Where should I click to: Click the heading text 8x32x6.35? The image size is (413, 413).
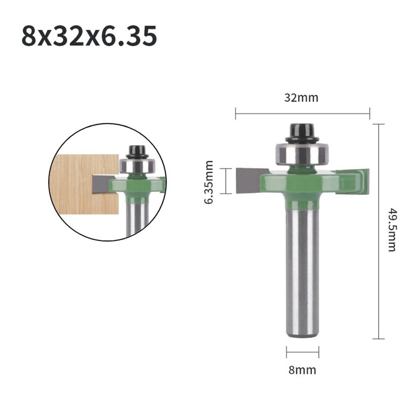click(x=89, y=36)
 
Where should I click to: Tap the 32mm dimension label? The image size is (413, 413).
click(x=301, y=98)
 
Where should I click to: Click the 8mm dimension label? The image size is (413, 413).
click(x=302, y=370)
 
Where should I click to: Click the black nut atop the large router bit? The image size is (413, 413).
click(x=302, y=133)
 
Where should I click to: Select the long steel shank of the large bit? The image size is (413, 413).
click(x=302, y=268)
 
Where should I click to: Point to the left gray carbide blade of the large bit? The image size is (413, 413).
click(x=248, y=181)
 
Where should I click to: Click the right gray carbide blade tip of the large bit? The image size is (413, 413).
click(x=366, y=180)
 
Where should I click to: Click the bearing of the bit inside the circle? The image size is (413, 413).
click(x=137, y=166)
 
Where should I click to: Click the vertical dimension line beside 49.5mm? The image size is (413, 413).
click(x=378, y=231)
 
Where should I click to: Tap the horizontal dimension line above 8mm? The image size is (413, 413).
click(x=302, y=352)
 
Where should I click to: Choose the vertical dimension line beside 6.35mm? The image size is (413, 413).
click(x=226, y=181)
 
